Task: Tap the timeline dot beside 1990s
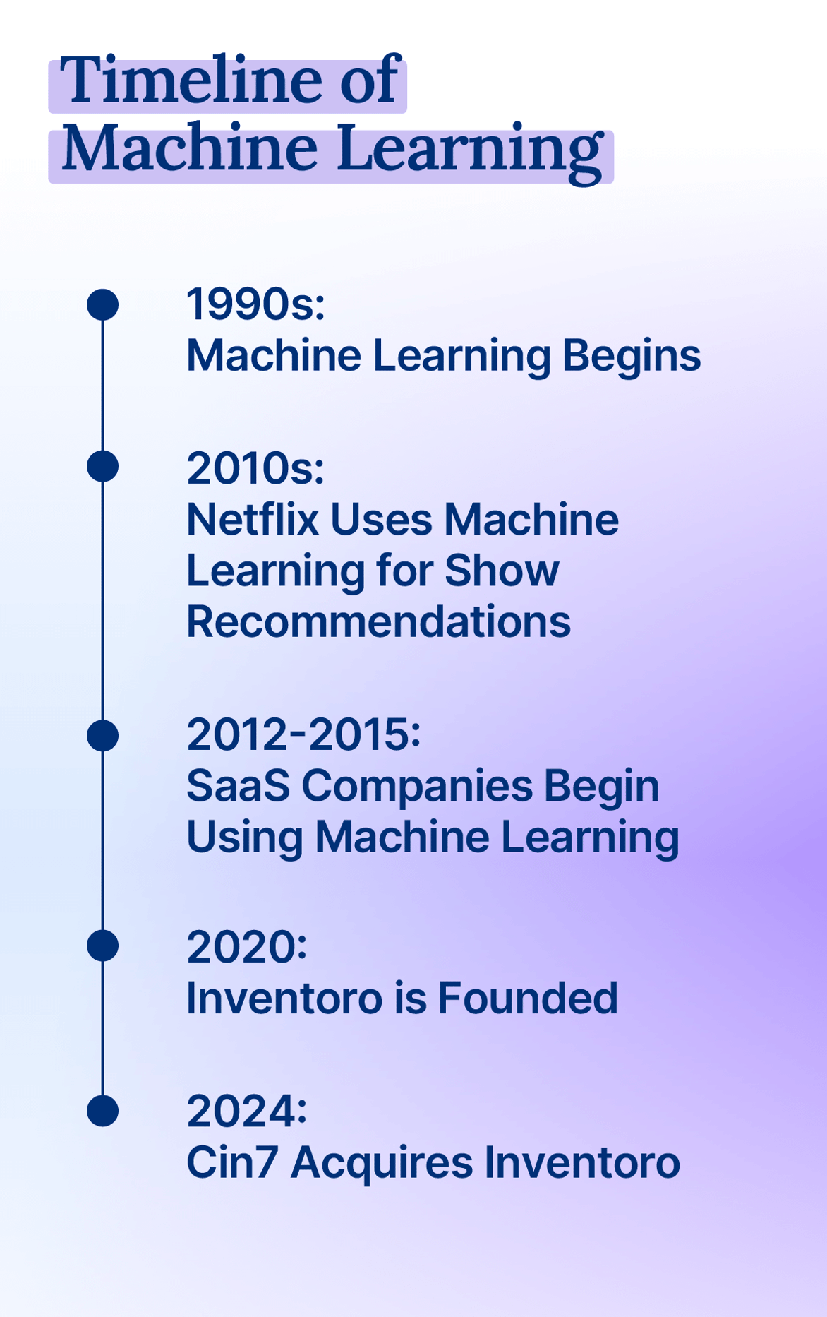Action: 102,304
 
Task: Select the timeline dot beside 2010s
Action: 102,467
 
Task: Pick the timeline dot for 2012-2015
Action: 102,736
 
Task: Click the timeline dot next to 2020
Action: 102,946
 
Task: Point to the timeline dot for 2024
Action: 102,1111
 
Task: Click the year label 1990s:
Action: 255,304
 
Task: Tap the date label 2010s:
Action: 255,468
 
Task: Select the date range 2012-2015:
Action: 303,734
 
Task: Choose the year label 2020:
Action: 247,946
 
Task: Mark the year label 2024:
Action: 247,1111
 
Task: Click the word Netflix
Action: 253,520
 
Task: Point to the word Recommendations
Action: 379,621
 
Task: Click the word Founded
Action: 528,998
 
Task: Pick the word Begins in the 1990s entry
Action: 632,355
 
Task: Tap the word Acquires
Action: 382,1164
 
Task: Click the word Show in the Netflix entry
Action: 502,571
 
